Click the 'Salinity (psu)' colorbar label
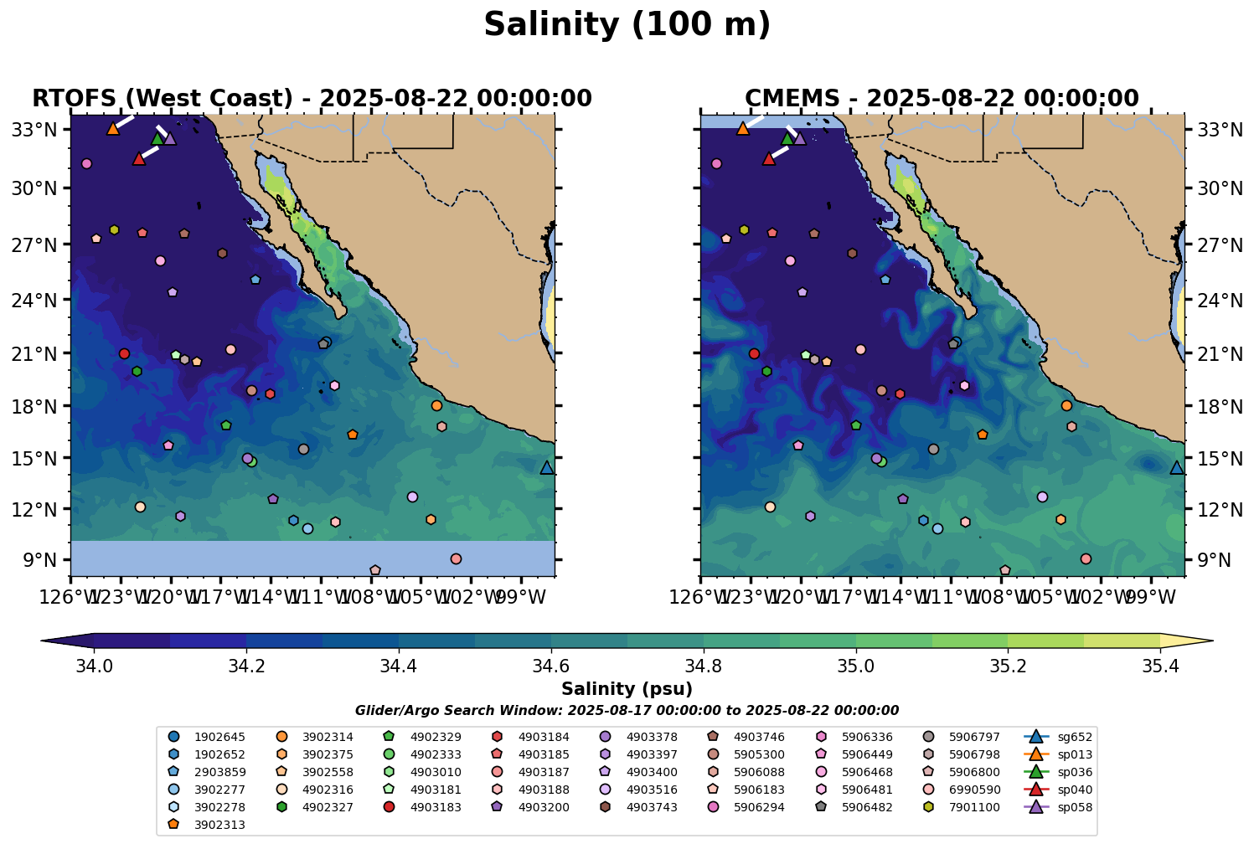click(627, 689)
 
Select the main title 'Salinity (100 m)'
click(627, 25)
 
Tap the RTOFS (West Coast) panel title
click(312, 99)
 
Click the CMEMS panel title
click(942, 99)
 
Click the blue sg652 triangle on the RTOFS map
click(547, 468)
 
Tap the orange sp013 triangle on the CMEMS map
click(742, 128)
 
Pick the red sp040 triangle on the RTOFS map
click(139, 158)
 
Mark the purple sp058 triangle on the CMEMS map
click(799, 138)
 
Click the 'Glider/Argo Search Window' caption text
click(627, 710)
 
